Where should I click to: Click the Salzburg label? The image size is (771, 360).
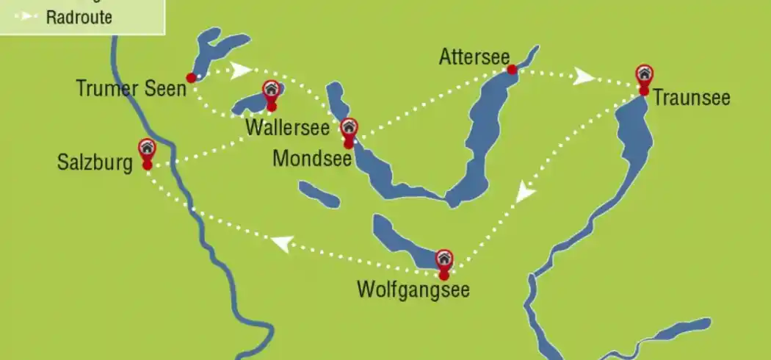pyautogui.click(x=95, y=163)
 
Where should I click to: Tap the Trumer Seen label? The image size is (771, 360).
pyautogui.click(x=131, y=89)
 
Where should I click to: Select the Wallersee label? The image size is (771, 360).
pyautogui.click(x=287, y=127)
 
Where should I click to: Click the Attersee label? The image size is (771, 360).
pyautogui.click(x=474, y=57)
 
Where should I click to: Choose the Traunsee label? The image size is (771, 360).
pyautogui.click(x=692, y=98)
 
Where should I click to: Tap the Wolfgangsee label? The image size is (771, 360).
pyautogui.click(x=413, y=289)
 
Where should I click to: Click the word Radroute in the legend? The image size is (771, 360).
pyautogui.click(x=79, y=18)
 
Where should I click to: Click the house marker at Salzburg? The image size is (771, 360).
pyautogui.click(x=147, y=148)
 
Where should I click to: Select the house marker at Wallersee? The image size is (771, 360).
pyautogui.click(x=271, y=90)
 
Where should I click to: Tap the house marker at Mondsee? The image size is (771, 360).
pyautogui.click(x=349, y=127)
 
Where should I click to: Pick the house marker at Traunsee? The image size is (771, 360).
pyautogui.click(x=644, y=73)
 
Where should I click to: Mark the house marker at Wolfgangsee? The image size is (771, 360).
pyautogui.click(x=444, y=259)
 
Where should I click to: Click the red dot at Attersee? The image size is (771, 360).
pyautogui.click(x=512, y=70)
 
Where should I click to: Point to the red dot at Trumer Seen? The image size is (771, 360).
pyautogui.click(x=192, y=77)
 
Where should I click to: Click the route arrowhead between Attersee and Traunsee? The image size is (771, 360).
pyautogui.click(x=583, y=76)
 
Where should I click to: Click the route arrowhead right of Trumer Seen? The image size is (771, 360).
pyautogui.click(x=239, y=71)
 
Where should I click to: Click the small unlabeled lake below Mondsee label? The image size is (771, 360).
pyautogui.click(x=319, y=195)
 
